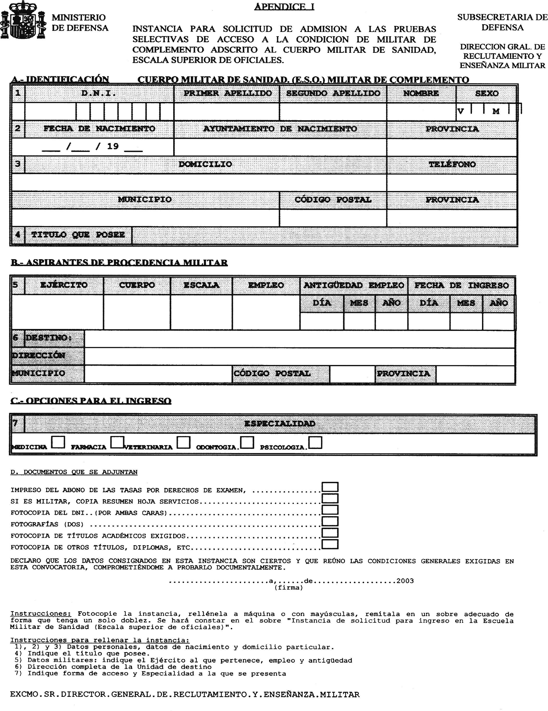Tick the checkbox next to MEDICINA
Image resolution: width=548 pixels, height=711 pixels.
click(x=58, y=442)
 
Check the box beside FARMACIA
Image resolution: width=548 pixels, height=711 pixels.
click(x=117, y=442)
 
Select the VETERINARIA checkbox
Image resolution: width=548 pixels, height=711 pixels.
click(x=184, y=442)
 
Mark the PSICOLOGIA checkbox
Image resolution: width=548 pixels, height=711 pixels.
click(x=315, y=442)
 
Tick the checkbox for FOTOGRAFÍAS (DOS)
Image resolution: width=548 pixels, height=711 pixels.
click(x=330, y=521)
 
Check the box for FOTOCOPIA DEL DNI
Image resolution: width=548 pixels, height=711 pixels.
click(x=330, y=510)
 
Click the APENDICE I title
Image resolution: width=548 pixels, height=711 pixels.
click(x=284, y=6)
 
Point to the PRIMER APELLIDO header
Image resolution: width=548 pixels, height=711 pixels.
click(x=227, y=93)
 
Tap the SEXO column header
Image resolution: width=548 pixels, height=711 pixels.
click(x=487, y=93)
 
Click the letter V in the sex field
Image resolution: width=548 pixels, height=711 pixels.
click(x=460, y=111)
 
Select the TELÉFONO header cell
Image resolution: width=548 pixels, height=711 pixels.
click(x=452, y=164)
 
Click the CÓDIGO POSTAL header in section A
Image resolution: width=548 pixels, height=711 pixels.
click(x=333, y=200)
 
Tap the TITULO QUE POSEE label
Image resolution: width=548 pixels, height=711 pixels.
click(x=78, y=235)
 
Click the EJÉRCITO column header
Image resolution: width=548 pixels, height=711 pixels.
click(x=64, y=285)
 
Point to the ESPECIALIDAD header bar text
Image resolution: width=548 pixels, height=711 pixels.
click(x=280, y=424)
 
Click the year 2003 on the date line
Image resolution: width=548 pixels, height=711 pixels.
click(x=405, y=581)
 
